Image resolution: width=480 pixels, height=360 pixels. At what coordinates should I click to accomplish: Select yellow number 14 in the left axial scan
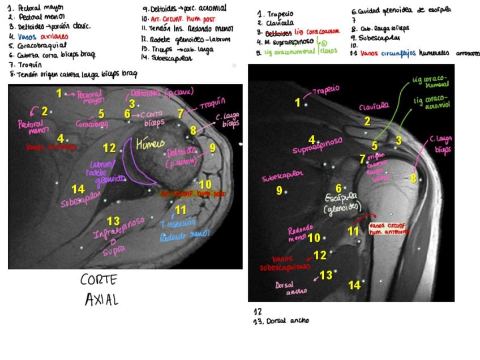point(78,190)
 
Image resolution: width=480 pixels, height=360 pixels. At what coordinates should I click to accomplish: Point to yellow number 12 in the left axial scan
point(109,148)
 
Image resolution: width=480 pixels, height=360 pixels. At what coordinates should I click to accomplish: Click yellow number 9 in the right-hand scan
point(279,191)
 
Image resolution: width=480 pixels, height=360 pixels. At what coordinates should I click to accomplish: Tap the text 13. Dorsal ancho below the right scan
point(281,321)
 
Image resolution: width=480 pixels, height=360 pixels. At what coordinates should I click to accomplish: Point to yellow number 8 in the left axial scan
point(193,131)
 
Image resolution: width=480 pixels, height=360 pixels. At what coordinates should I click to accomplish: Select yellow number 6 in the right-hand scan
point(338,188)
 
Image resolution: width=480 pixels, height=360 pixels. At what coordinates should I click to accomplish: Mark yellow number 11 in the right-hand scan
point(353,231)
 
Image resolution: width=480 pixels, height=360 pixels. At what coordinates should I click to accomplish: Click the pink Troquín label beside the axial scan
point(212,103)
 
